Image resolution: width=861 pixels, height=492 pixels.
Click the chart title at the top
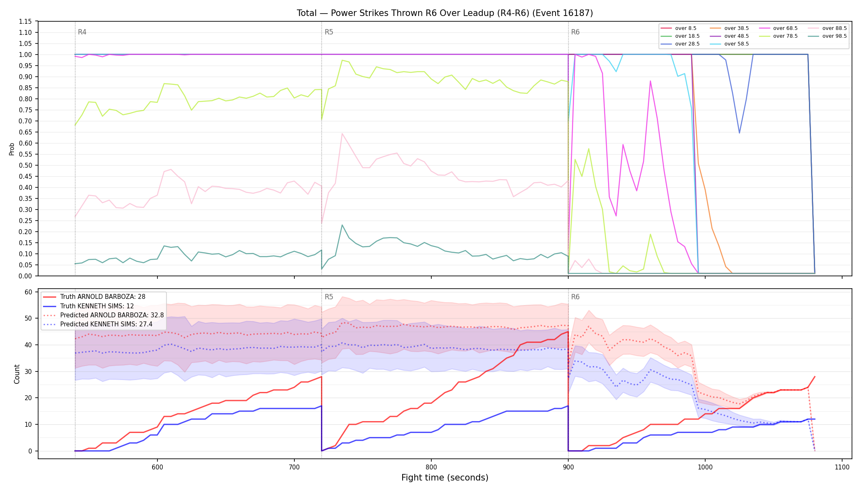445,13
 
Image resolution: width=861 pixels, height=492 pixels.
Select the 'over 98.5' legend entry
827,36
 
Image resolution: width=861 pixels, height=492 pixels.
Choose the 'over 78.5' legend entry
778,36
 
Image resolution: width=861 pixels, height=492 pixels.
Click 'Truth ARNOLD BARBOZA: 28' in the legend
94,297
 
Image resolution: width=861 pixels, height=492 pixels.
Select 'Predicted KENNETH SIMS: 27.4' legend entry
98,324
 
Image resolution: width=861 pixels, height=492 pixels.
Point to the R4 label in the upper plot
82,32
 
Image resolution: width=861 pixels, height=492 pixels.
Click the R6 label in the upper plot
575,32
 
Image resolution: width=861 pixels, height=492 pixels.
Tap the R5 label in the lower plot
329,297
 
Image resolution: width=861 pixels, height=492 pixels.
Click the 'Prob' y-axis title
11,149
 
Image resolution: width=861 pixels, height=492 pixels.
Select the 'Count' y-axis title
17,374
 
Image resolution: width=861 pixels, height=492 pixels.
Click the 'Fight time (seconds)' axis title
445,478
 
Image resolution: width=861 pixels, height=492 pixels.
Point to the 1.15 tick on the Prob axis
25,21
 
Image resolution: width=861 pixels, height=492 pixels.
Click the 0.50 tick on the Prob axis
25,165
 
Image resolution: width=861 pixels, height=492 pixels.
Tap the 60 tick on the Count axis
28,292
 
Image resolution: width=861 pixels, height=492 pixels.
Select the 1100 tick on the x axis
842,467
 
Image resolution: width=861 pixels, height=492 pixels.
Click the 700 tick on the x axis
294,467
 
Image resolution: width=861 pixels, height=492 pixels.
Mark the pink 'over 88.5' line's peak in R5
342,133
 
